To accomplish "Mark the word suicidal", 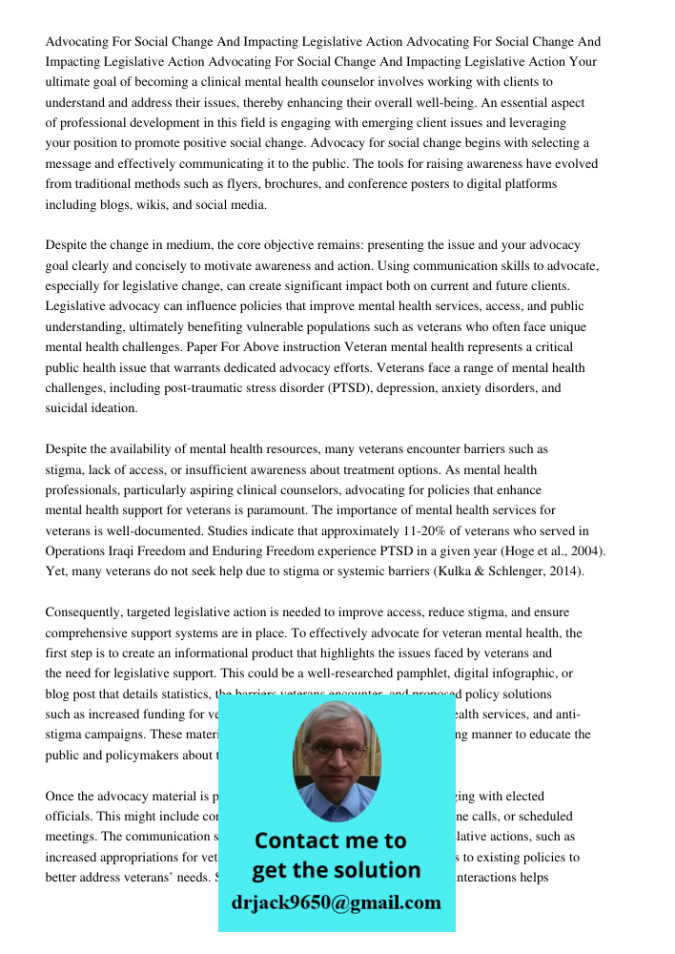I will pos(69,408).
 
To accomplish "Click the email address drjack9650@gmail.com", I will pos(336,902).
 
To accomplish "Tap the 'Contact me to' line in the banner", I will pos(331,840).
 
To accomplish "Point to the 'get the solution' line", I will pos(336,870).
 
